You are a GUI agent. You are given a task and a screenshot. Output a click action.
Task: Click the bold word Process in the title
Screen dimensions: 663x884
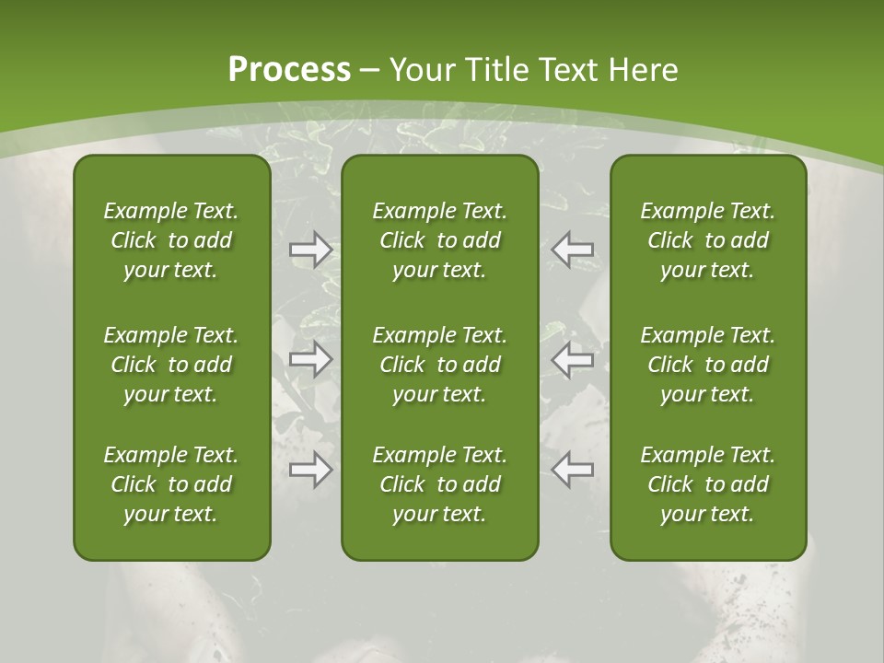pos(289,70)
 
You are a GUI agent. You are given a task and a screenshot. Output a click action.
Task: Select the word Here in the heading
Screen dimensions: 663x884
pos(645,70)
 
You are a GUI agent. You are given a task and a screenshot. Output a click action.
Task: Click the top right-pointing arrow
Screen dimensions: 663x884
pos(311,250)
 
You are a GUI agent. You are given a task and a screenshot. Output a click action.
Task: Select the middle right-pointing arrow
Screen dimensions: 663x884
pos(311,359)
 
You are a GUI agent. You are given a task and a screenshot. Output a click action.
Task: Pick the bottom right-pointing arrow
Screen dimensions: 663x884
pos(311,470)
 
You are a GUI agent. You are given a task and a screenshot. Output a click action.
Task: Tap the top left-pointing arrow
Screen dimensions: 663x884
pos(572,250)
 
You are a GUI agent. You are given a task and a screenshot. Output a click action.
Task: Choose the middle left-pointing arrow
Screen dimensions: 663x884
pos(572,359)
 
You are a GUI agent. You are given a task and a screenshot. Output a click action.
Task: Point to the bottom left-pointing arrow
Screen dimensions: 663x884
pos(572,470)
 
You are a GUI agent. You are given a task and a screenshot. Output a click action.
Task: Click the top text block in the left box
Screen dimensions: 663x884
pos(171,240)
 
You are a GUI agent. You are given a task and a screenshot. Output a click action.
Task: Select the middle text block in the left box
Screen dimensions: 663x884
pos(171,365)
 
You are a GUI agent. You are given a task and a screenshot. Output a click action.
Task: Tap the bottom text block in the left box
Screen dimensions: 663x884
pos(171,484)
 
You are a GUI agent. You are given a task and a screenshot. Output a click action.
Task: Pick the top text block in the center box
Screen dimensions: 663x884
pos(440,240)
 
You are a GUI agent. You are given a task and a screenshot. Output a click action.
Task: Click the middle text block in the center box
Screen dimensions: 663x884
pos(440,365)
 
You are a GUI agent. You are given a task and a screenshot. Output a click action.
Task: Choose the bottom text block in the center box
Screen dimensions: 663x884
pos(440,484)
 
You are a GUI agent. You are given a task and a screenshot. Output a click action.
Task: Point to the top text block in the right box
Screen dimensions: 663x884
pos(708,240)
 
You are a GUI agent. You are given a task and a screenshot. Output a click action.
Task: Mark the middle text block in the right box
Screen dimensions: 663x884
pos(708,365)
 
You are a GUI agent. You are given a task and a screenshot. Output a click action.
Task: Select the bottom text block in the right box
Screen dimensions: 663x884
pos(708,484)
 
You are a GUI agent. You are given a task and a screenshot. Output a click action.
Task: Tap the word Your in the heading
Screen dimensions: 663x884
pos(421,70)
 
